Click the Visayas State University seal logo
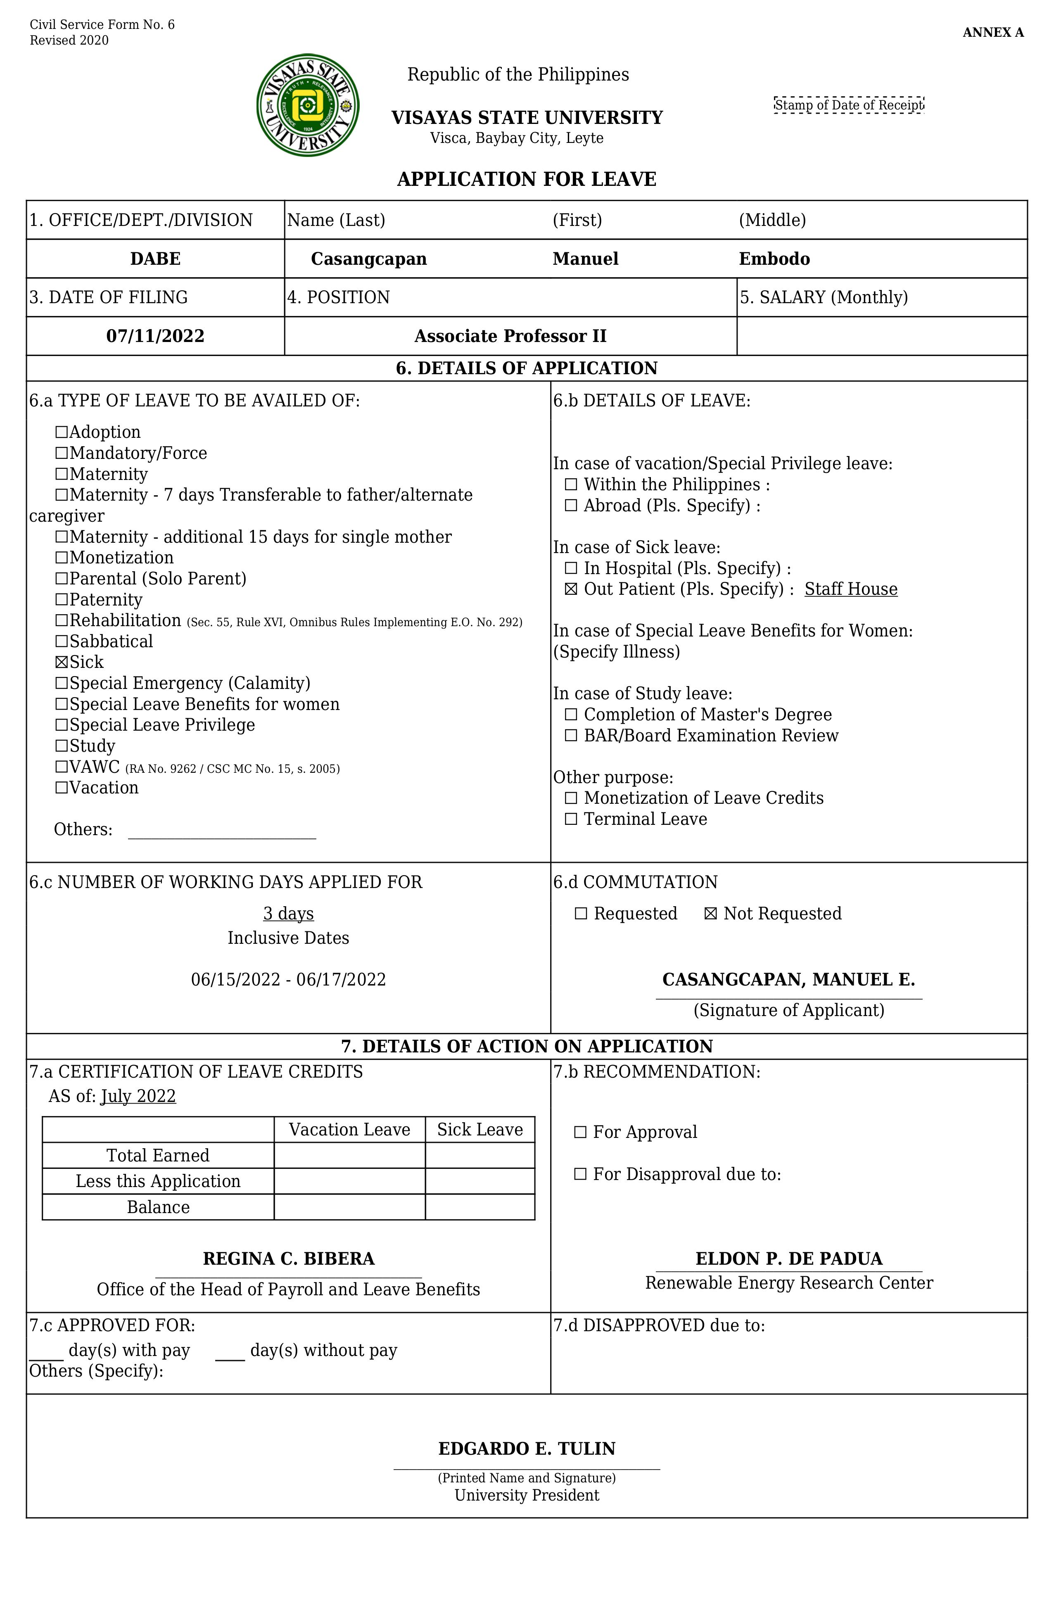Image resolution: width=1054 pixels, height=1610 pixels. pyautogui.click(x=308, y=105)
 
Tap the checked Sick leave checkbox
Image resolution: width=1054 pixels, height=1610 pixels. pyautogui.click(x=62, y=662)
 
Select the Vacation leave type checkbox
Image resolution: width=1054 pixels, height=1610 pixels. pyautogui.click(x=62, y=788)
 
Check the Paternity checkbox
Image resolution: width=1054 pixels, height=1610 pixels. pyautogui.click(x=62, y=600)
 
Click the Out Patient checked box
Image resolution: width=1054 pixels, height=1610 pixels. pyautogui.click(x=571, y=589)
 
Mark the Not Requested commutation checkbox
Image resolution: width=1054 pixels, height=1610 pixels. pyautogui.click(x=710, y=914)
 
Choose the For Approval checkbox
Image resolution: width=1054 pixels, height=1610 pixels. pyautogui.click(x=580, y=1133)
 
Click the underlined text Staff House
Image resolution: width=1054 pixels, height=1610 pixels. pyautogui.click(x=850, y=589)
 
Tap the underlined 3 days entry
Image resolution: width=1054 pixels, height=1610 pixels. pyautogui.click(x=288, y=914)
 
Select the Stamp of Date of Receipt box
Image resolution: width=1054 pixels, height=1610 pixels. pyautogui.click(x=848, y=105)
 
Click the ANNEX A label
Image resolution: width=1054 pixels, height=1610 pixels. pyautogui.click(x=992, y=33)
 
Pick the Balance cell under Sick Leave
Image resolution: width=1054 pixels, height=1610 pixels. pyautogui.click(x=480, y=1208)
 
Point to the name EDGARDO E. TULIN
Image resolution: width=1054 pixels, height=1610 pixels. pyautogui.click(x=526, y=1449)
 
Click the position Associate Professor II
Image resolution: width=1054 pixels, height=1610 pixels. pyautogui.click(x=510, y=336)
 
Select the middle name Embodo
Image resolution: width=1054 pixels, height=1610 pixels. pyautogui.click(x=774, y=259)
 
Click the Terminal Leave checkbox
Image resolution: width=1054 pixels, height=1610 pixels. pyautogui.click(x=571, y=819)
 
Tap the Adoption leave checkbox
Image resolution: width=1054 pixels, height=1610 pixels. pyautogui.click(x=62, y=432)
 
